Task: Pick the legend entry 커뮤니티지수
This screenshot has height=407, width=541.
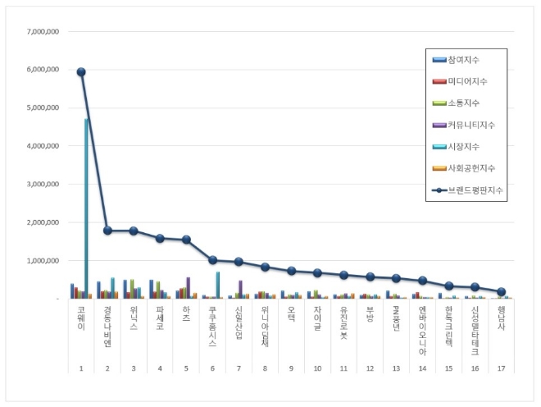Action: [x=472, y=125]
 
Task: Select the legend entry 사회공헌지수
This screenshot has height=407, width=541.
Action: [x=472, y=168]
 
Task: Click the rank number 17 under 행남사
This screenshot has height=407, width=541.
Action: [x=501, y=369]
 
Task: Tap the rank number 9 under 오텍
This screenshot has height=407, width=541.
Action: [x=291, y=369]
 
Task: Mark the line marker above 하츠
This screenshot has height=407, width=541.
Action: [x=186, y=240]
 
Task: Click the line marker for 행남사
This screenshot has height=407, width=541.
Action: [x=501, y=291]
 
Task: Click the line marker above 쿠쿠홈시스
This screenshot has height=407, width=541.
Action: [x=212, y=259]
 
